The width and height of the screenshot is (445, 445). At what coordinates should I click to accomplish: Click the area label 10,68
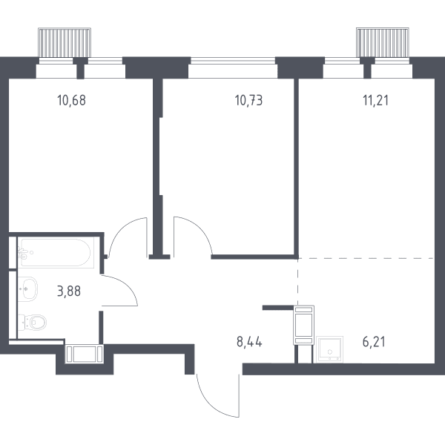coord(71,100)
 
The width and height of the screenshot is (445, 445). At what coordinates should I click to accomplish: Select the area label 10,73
coord(249,100)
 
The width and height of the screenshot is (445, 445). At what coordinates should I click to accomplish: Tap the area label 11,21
coord(376,100)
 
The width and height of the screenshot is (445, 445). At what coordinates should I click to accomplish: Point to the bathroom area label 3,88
coord(69,291)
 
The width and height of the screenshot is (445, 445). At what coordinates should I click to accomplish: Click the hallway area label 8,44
coord(249,342)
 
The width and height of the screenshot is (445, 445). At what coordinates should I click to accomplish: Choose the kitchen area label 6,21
coord(374,342)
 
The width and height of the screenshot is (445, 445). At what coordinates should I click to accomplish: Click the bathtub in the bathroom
coord(56,252)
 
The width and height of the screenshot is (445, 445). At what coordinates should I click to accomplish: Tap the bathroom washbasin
coord(28,289)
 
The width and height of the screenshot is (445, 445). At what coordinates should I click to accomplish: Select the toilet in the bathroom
coord(33,323)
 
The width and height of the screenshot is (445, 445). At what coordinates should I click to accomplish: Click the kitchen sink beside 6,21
coord(329,349)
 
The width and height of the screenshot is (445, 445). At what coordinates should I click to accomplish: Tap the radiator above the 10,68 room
coord(65,42)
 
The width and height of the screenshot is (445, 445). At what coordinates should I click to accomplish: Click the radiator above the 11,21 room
coord(383,42)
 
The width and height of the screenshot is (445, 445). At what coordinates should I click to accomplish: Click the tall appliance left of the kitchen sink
coord(303,326)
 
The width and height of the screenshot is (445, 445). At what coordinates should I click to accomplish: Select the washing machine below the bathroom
coord(84,354)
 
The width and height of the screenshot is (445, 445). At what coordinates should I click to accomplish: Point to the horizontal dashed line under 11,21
coord(366,259)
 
